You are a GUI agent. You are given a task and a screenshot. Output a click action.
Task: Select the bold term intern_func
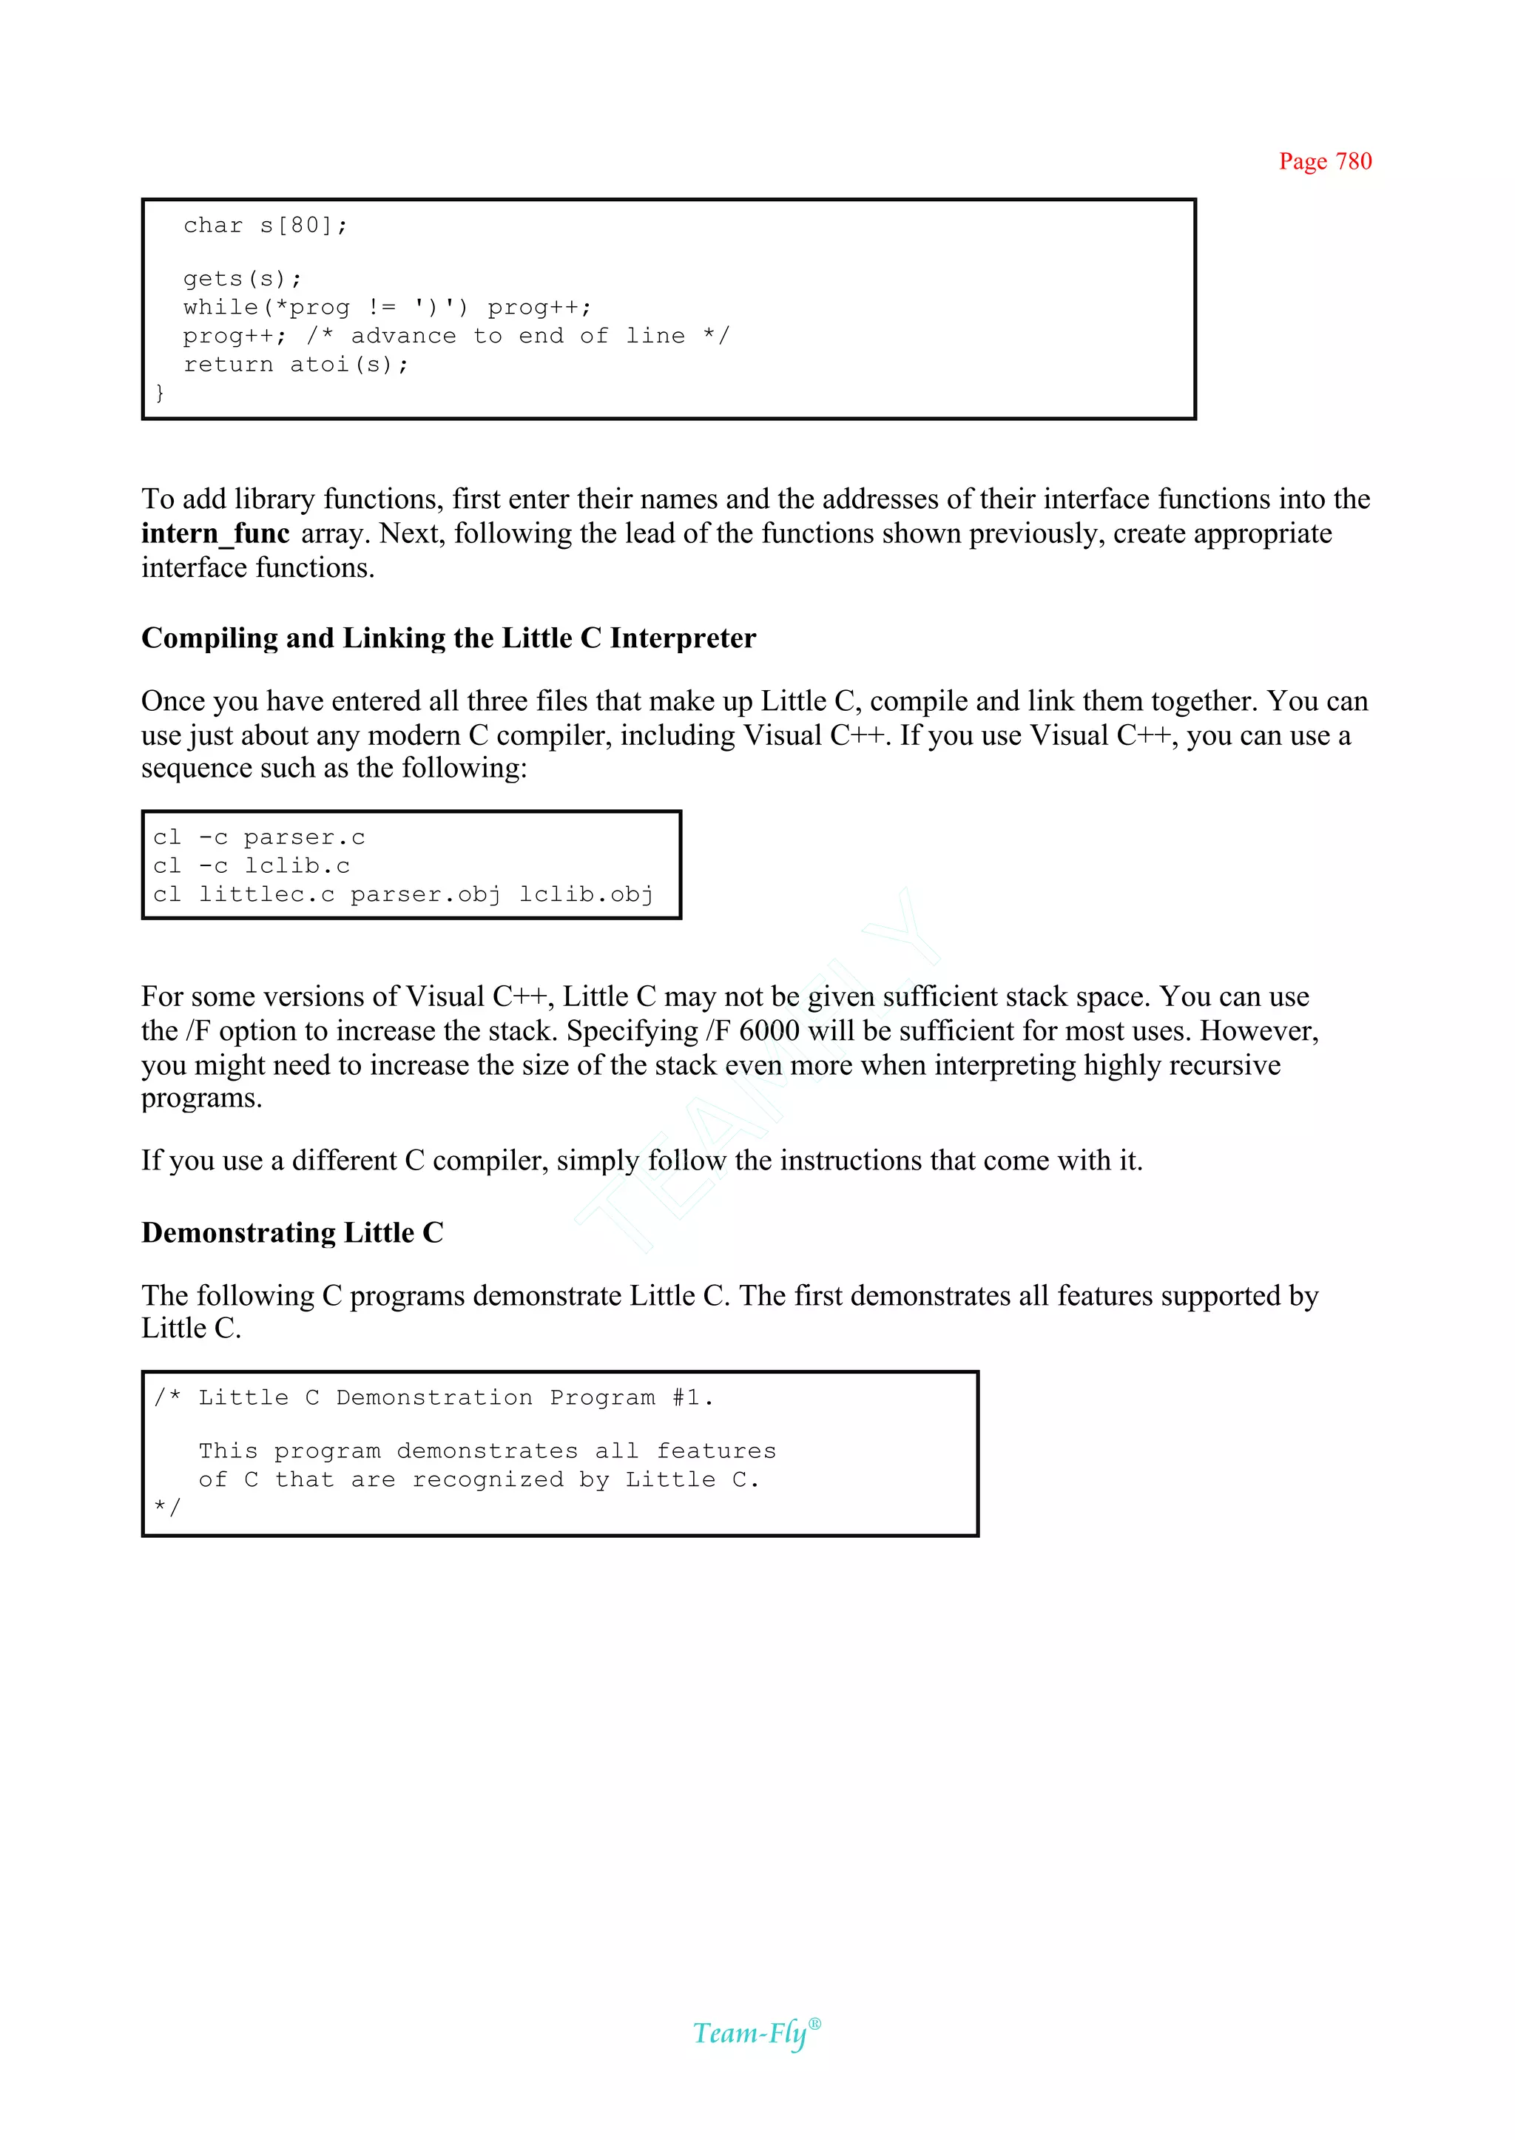(215, 533)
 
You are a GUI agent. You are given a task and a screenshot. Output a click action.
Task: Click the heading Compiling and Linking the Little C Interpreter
(448, 638)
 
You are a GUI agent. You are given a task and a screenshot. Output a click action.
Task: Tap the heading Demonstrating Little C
(292, 1232)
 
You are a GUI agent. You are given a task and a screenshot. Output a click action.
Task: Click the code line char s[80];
(265, 226)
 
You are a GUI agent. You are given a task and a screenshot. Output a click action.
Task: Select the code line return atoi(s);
(296, 365)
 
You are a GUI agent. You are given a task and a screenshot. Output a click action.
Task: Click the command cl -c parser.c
(258, 837)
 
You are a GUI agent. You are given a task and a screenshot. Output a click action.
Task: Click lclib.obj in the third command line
(586, 894)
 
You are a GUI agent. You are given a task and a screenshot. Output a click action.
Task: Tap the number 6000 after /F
(769, 1031)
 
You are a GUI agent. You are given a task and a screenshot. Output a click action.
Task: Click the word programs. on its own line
(201, 1098)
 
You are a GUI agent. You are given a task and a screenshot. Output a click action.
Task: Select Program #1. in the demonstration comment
(632, 1397)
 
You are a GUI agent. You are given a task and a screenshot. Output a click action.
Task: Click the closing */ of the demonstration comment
(168, 1508)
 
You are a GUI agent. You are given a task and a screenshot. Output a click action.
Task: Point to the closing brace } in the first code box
(161, 393)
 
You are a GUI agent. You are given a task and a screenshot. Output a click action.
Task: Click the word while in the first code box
(220, 308)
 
